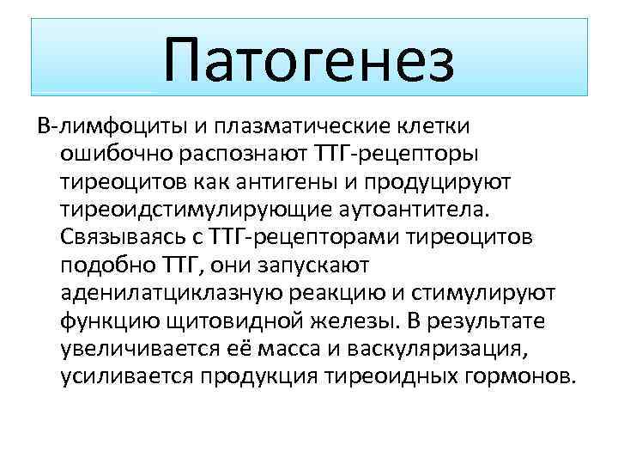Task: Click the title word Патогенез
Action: click(309, 60)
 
